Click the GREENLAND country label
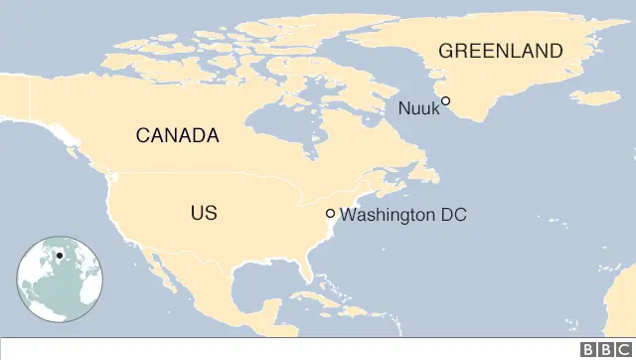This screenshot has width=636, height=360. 501,51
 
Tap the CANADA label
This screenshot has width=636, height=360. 177,136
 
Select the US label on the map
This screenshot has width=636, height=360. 203,213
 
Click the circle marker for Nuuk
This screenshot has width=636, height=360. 446,100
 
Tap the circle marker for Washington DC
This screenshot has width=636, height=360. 331,214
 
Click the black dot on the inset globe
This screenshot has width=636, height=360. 60,256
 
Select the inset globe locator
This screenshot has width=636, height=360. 60,278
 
